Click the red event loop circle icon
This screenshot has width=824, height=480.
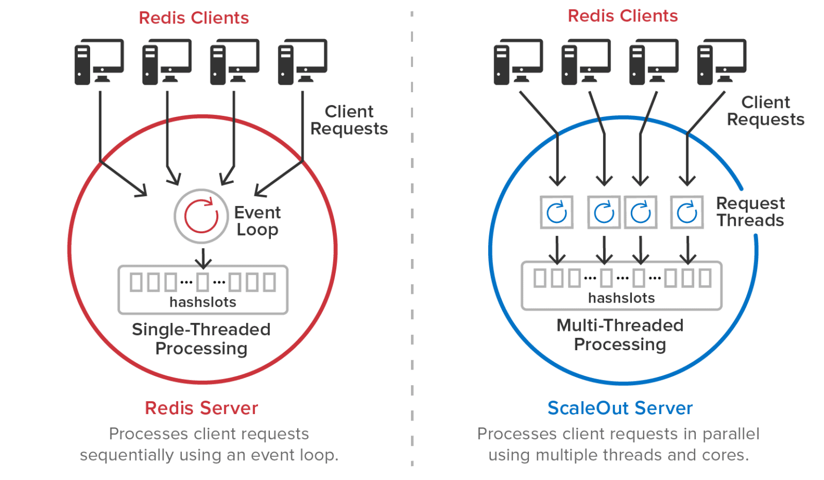(x=201, y=216)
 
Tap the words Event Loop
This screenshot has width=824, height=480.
(x=257, y=221)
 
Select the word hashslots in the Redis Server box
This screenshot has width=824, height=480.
(x=203, y=302)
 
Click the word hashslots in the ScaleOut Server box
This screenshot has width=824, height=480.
(x=621, y=298)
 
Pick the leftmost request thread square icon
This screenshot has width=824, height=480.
(x=557, y=212)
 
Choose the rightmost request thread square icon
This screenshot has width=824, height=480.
(x=687, y=212)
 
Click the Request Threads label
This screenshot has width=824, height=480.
(x=750, y=212)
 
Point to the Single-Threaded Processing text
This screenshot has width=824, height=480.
(x=201, y=339)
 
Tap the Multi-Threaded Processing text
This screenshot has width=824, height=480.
(x=620, y=335)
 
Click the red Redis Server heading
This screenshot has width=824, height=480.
(x=201, y=408)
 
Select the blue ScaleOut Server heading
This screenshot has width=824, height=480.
(x=620, y=408)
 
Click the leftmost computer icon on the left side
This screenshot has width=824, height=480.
(x=99, y=62)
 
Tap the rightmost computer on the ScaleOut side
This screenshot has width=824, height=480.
(x=722, y=62)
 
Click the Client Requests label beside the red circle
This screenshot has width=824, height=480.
(x=349, y=120)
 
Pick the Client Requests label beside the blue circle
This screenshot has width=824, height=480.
(x=766, y=111)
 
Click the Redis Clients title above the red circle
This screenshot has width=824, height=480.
(x=194, y=18)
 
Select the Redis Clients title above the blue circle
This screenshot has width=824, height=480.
(x=623, y=16)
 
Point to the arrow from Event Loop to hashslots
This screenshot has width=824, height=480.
(x=202, y=257)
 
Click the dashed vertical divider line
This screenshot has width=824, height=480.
(x=412, y=241)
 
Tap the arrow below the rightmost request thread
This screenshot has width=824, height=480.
(x=688, y=249)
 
